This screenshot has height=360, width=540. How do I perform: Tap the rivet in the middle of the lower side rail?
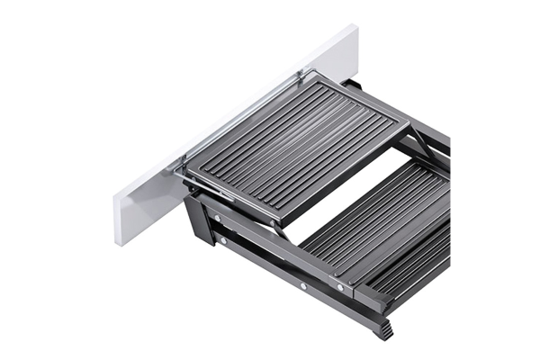click(x=303, y=286)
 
